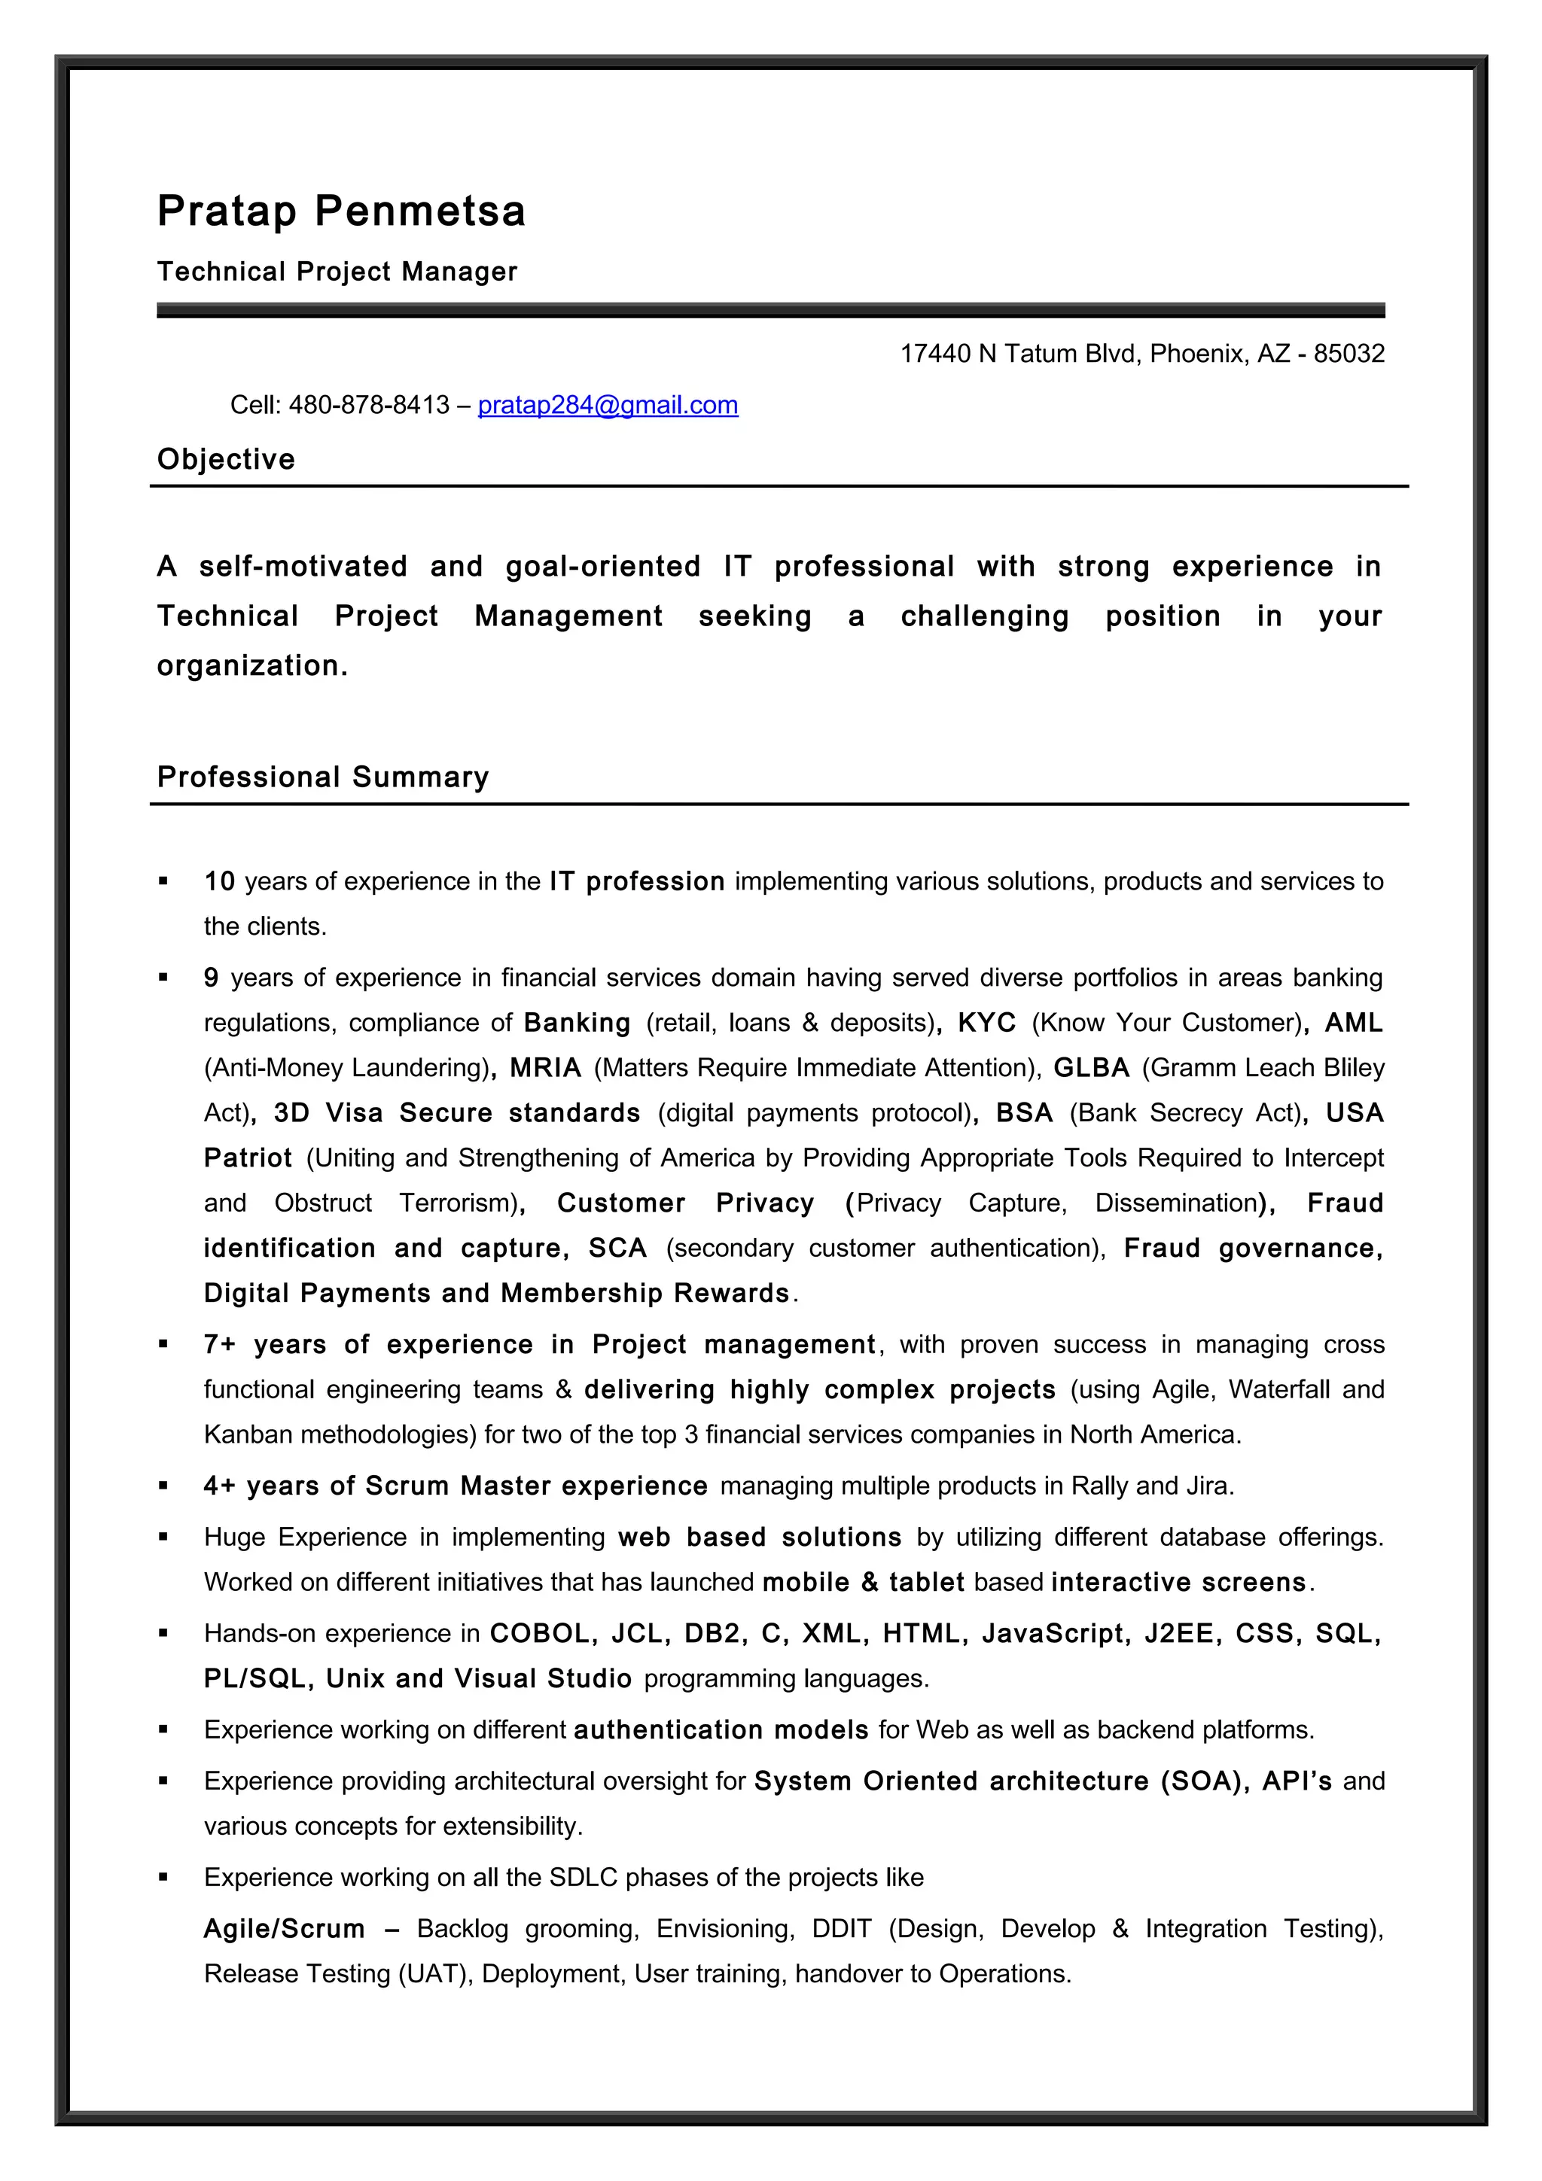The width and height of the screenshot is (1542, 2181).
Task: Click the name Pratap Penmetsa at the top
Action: (x=340, y=211)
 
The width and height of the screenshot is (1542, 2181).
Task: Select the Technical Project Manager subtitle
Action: (x=337, y=272)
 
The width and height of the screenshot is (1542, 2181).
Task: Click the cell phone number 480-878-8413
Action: (x=369, y=405)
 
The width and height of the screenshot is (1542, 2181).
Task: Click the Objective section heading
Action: (x=226, y=459)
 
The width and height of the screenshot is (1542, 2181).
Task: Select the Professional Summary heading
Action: (x=322, y=777)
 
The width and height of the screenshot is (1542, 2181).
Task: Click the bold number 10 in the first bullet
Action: (x=219, y=881)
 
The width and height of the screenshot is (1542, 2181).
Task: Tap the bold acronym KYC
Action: (x=986, y=1023)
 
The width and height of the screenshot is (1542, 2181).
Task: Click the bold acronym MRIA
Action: (x=544, y=1068)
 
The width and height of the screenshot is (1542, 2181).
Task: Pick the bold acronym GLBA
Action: (x=1091, y=1068)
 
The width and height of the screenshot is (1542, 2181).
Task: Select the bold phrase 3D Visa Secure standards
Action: (x=456, y=1112)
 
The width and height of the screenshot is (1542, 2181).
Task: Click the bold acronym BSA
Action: (x=1023, y=1112)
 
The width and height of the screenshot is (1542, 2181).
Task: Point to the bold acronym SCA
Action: (x=617, y=1249)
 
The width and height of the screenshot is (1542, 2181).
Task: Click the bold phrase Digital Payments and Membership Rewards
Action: (x=496, y=1293)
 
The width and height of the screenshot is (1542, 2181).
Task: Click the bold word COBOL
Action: (x=538, y=1634)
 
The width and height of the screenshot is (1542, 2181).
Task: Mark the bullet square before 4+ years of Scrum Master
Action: (x=163, y=1486)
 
